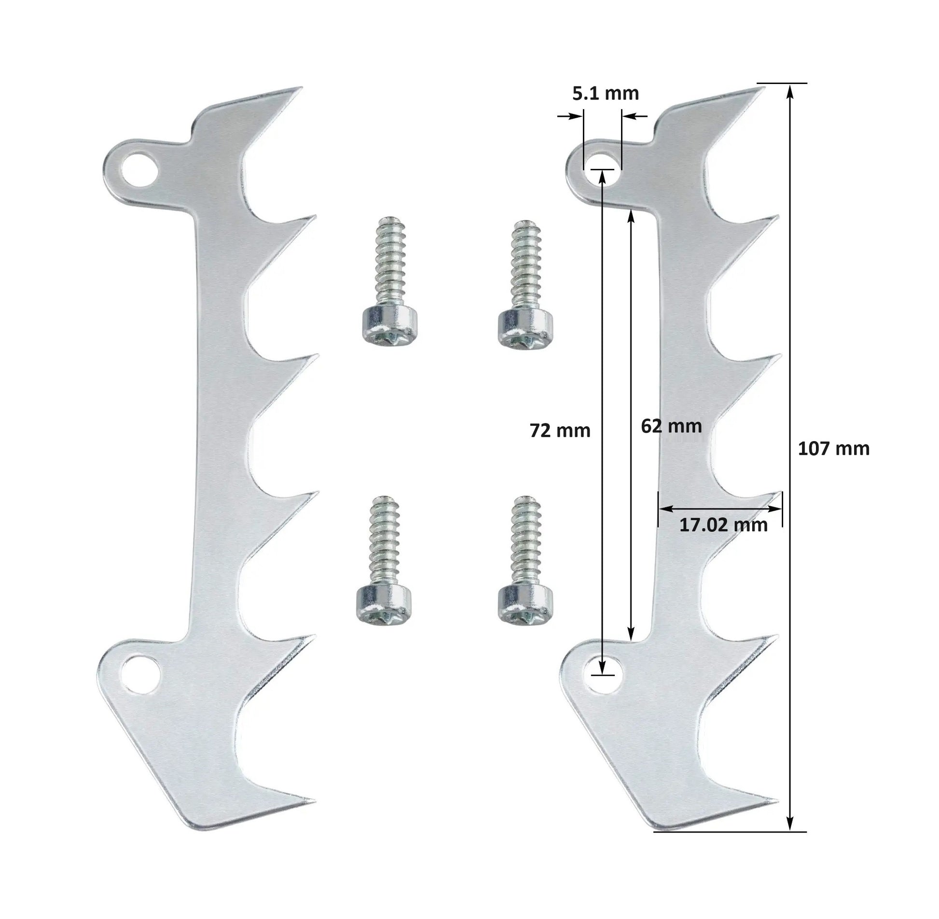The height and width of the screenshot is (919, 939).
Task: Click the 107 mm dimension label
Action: (833, 449)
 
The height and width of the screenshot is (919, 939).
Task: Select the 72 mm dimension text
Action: (560, 431)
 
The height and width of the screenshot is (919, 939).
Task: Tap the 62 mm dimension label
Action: (671, 426)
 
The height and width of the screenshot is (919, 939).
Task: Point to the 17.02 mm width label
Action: (723, 525)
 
